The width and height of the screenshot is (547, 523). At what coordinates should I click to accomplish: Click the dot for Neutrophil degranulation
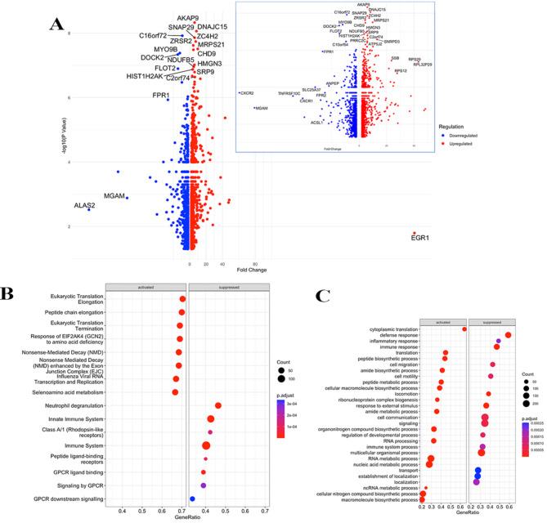[218, 405]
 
